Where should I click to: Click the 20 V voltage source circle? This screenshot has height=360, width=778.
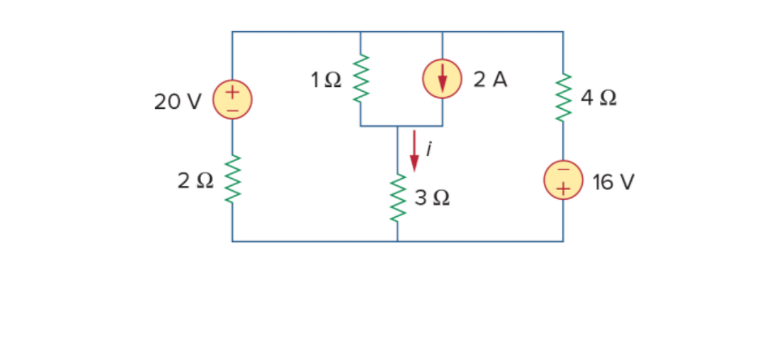[x=232, y=99]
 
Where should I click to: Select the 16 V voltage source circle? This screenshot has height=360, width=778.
[x=563, y=180]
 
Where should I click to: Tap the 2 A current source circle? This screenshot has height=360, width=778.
[x=442, y=79]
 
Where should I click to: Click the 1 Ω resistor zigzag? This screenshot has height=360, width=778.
[x=360, y=78]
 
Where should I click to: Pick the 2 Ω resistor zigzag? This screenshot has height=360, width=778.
[x=232, y=180]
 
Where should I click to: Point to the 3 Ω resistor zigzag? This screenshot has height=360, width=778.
[x=398, y=197]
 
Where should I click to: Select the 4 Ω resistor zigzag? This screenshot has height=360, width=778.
[x=563, y=98]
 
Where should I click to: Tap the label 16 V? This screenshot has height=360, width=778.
[x=613, y=183]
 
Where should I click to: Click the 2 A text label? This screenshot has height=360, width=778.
[x=491, y=80]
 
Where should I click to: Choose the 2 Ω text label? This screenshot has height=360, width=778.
[x=195, y=181]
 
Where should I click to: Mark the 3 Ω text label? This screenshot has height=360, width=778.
[x=433, y=198]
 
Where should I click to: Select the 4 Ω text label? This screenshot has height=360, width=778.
[x=599, y=99]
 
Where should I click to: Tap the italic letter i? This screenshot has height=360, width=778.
[x=429, y=150]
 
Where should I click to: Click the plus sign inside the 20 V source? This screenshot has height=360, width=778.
[x=232, y=92]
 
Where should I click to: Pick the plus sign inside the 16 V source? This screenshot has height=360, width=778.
[x=563, y=189]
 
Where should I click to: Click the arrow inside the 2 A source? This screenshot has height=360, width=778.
[x=442, y=79]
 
